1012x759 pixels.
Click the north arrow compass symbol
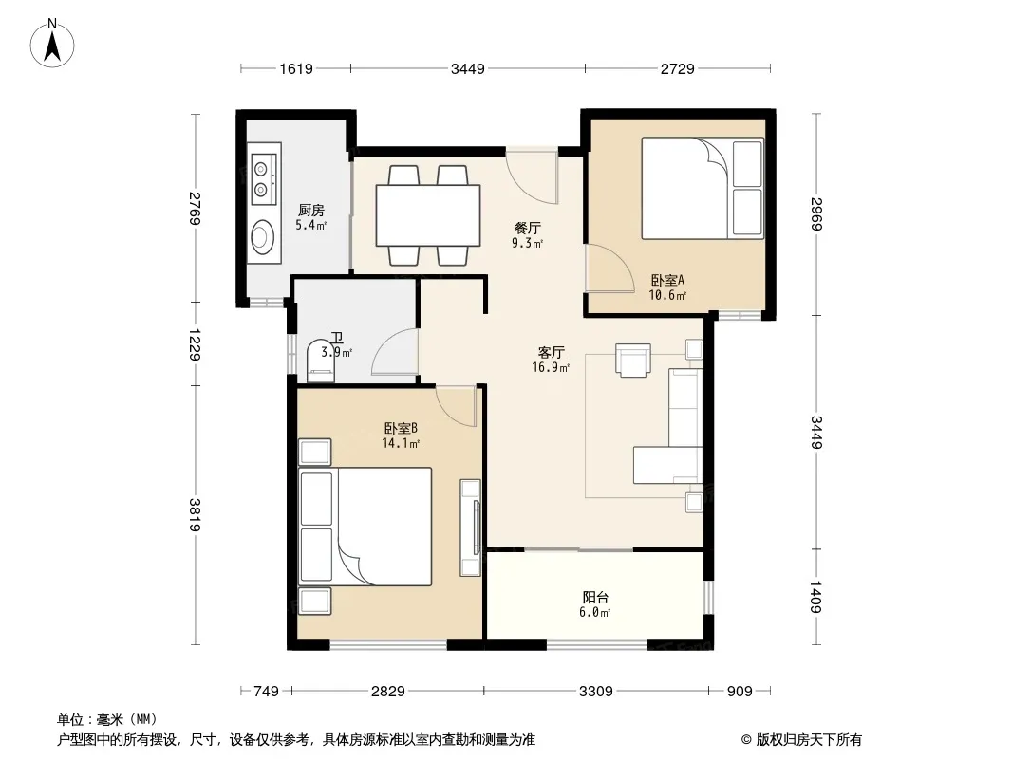tap(52, 44)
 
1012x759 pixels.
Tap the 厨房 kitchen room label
tap(311, 211)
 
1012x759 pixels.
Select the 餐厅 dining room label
tap(527, 229)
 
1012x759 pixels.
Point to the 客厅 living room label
tap(552, 352)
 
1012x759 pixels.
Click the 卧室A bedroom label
tap(667, 281)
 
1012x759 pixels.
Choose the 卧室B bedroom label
tap(401, 428)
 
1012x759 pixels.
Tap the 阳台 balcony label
tap(595, 597)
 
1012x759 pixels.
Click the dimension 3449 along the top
tap(468, 68)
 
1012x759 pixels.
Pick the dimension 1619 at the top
tap(296, 68)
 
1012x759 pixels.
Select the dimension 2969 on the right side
tap(816, 214)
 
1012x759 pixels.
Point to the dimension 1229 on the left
tap(195, 344)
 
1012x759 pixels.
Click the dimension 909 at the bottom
tap(740, 692)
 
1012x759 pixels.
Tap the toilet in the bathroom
tap(321, 361)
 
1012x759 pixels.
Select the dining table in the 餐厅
tap(428, 215)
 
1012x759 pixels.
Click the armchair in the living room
tap(633, 360)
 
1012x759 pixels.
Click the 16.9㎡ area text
tap(551, 367)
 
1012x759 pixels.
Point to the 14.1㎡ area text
tap(401, 444)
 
